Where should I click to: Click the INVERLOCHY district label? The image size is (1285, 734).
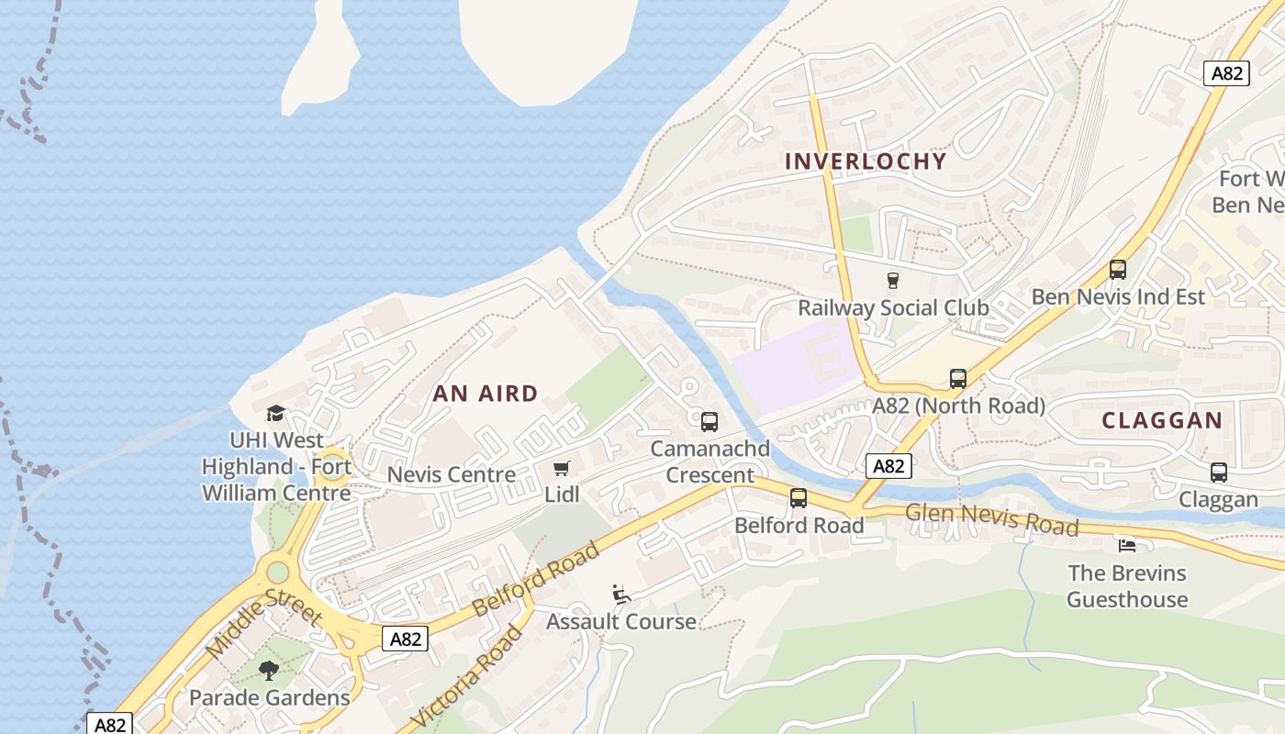pyautogui.click(x=866, y=161)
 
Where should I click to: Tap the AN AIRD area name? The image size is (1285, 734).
pyautogui.click(x=485, y=394)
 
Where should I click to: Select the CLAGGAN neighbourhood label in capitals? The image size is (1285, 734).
pyautogui.click(x=1162, y=421)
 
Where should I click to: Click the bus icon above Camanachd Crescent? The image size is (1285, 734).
pyautogui.click(x=710, y=422)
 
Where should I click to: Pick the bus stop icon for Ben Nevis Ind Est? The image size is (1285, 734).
pyautogui.click(x=1117, y=270)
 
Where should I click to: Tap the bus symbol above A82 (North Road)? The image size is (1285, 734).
pyautogui.click(x=957, y=379)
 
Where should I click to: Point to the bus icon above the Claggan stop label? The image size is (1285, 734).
pyautogui.click(x=1218, y=473)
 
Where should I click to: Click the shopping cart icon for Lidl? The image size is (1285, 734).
pyautogui.click(x=562, y=469)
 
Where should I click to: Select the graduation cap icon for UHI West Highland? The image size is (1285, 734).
pyautogui.click(x=275, y=414)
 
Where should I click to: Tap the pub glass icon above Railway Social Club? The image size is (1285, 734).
pyautogui.click(x=892, y=281)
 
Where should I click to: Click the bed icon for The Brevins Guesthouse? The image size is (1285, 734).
pyautogui.click(x=1127, y=546)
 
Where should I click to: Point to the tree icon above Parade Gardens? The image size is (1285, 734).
pyautogui.click(x=269, y=671)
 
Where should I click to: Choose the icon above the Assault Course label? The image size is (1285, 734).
pyautogui.click(x=621, y=595)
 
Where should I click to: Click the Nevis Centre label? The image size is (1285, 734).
pyautogui.click(x=451, y=475)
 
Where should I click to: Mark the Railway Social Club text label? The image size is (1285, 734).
pyautogui.click(x=892, y=307)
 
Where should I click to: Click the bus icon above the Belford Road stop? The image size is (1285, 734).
pyautogui.click(x=799, y=498)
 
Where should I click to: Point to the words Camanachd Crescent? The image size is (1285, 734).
pyautogui.click(x=710, y=462)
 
